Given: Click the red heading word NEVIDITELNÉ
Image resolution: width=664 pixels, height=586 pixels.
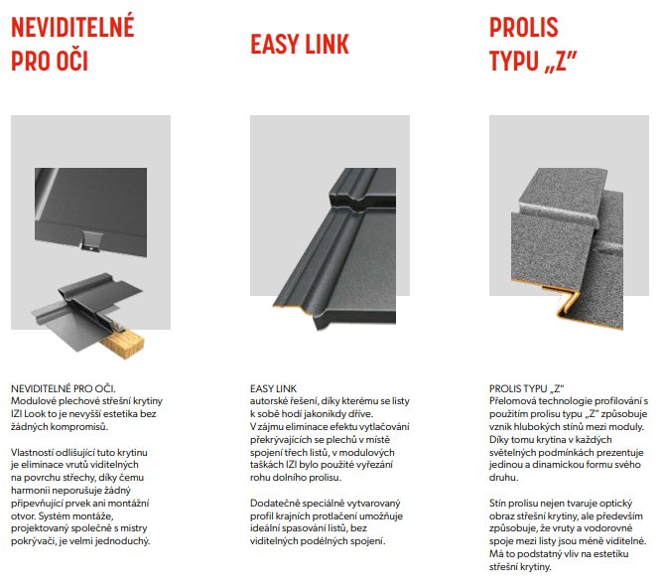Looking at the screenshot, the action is [72, 26].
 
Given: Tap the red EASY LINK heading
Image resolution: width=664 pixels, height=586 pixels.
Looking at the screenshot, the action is [300, 44].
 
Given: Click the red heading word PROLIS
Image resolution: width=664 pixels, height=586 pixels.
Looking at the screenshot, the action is [524, 27].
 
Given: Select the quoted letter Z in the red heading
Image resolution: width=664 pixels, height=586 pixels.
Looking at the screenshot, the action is [560, 62].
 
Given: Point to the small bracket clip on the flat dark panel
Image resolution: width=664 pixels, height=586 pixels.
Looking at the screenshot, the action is [90, 241].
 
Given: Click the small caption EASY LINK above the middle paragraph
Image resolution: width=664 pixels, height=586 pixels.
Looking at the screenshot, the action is [273, 388].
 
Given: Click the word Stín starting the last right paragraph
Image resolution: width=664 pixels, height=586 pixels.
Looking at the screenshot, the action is [497, 504].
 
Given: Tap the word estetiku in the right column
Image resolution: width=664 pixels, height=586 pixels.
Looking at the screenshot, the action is [611, 554].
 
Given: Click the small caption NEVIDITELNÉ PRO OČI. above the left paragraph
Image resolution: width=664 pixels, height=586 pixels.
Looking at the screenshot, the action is [64, 388].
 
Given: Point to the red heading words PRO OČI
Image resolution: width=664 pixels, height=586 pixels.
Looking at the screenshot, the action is [50, 61].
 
